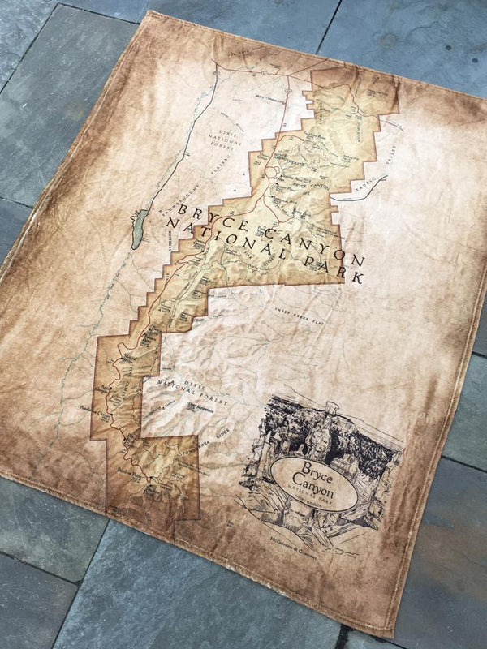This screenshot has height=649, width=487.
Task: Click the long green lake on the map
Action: pyautogui.click(x=139, y=229)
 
